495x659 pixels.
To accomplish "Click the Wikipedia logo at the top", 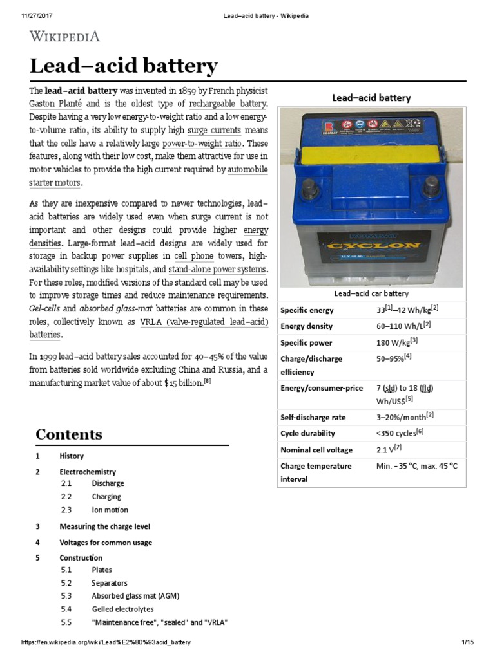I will [x=64, y=37].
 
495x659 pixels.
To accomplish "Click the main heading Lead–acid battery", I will [x=124, y=66].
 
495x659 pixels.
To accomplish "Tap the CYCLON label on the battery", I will [x=374, y=245].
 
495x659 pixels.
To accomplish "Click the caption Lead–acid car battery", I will [x=370, y=294].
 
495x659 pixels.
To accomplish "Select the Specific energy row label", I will [x=307, y=311].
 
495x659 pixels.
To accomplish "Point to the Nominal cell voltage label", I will [x=316, y=450].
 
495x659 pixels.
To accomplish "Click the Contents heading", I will [x=68, y=434].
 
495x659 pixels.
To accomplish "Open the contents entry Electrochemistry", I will [x=88, y=472].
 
